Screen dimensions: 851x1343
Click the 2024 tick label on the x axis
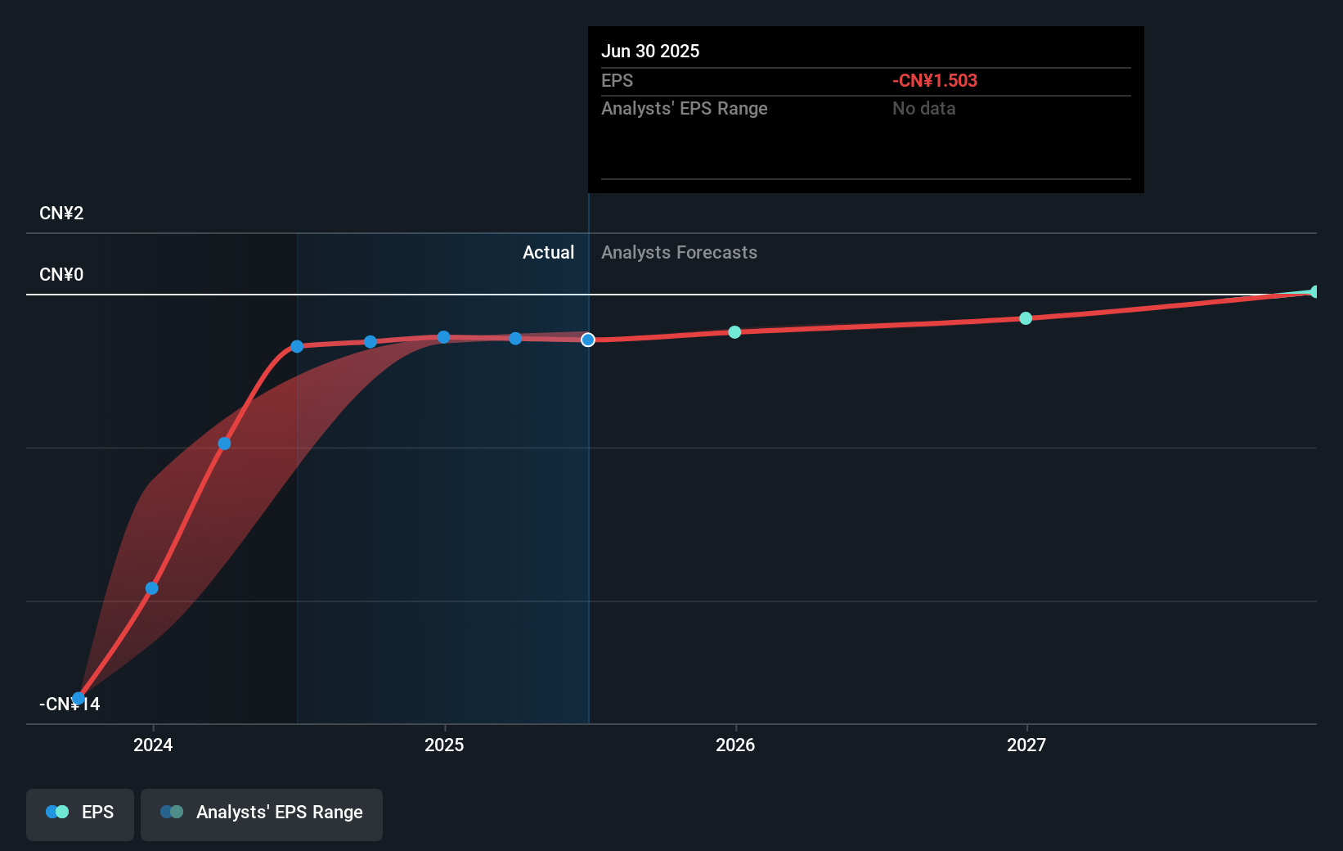153,745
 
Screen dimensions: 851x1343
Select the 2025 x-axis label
444,745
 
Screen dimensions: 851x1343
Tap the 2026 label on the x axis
735,745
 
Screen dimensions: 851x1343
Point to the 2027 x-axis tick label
1026,745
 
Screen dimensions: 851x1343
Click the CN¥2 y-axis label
61,214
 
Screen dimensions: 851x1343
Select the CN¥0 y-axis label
61,275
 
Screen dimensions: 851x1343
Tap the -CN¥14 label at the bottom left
70,705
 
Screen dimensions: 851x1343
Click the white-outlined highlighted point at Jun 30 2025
588,340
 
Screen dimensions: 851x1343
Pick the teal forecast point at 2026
734,332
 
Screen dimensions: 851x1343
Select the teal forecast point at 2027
1026,318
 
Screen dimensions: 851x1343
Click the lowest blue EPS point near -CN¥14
78,699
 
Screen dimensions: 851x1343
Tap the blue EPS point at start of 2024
152,588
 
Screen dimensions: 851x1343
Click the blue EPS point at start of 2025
443,337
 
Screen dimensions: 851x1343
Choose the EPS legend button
80,813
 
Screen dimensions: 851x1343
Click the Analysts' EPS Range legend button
262,813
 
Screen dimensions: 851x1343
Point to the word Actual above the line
548,253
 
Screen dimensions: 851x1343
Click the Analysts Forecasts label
679,253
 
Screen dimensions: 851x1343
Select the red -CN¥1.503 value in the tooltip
934,81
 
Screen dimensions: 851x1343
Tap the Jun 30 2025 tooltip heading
650,52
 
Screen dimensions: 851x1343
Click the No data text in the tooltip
923,109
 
